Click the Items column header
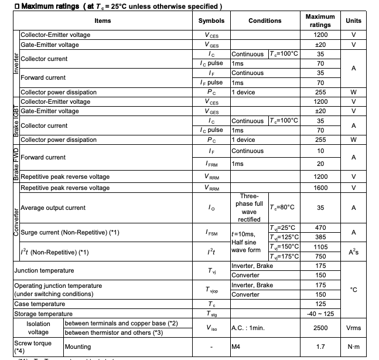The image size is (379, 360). (x=103, y=21)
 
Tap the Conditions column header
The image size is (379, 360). (x=265, y=21)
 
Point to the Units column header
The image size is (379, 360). (x=353, y=21)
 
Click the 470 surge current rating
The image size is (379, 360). (x=320, y=227)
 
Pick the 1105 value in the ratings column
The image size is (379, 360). (x=320, y=247)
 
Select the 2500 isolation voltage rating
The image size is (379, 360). (x=320, y=328)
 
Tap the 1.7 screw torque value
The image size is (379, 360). (x=320, y=347)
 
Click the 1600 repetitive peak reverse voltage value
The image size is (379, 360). (x=320, y=188)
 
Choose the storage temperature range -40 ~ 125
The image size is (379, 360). (x=320, y=314)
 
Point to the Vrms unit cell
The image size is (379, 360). (x=353, y=328)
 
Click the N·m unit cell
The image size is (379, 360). (x=353, y=347)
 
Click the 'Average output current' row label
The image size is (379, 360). (x=53, y=208)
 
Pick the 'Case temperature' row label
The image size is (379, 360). (x=39, y=304)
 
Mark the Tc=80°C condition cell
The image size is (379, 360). (x=282, y=208)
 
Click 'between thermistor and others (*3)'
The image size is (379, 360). (x=121, y=332)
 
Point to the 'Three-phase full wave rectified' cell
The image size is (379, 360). (x=249, y=208)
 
